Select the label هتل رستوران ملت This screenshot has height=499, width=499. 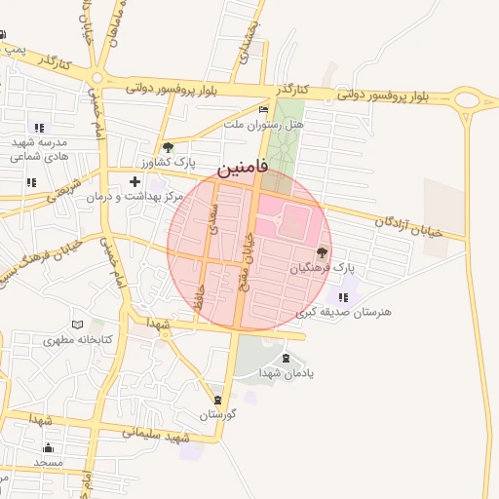tap(263, 125)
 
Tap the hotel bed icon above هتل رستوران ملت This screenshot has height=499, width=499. tap(263, 110)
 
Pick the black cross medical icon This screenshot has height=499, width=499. tap(134, 181)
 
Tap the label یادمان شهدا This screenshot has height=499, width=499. tap(285, 373)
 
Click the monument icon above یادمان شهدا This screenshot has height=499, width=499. tap(286, 359)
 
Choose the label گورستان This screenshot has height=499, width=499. tap(219, 414)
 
